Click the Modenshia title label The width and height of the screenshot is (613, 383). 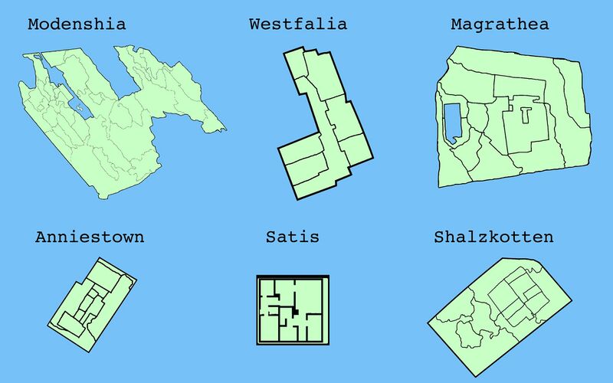click(x=77, y=25)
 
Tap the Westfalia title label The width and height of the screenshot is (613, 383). click(x=298, y=25)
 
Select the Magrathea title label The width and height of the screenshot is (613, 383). click(x=500, y=25)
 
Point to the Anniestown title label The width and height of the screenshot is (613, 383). click(x=90, y=237)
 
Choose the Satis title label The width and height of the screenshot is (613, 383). click(x=292, y=237)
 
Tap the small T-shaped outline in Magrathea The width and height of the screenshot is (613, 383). click(x=525, y=116)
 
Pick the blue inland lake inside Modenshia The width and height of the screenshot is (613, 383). click(x=79, y=108)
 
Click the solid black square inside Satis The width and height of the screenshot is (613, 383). click(x=295, y=311)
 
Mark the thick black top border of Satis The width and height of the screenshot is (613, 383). click(x=293, y=277)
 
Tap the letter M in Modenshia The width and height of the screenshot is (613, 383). click(x=34, y=25)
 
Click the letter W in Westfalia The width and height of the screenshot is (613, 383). click(x=255, y=25)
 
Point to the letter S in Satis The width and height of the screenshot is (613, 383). click(x=270, y=237)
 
